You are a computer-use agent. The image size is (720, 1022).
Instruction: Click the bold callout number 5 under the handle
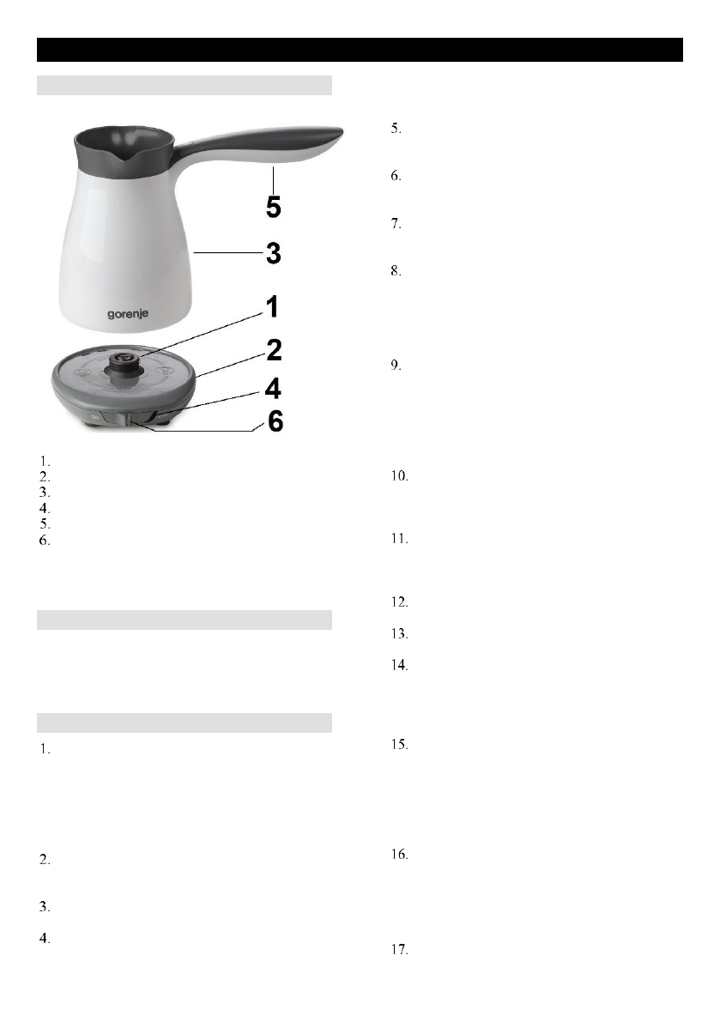click(274, 207)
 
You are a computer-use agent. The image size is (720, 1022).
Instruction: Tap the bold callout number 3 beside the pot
click(274, 253)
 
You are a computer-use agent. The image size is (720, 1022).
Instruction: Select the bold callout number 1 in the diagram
click(272, 306)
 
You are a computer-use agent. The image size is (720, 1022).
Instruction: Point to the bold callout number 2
click(275, 350)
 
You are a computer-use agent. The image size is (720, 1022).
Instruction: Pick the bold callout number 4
click(273, 389)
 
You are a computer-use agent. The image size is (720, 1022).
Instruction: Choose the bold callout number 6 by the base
click(275, 421)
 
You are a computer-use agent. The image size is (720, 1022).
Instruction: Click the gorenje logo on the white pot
click(128, 314)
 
